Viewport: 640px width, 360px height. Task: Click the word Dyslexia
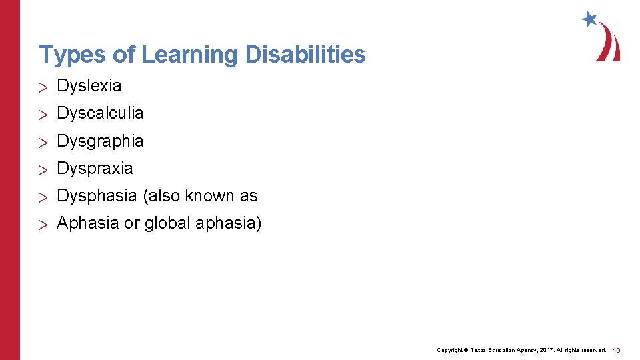click(89, 86)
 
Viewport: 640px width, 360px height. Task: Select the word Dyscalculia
click(100, 113)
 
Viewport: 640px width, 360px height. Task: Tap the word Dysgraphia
click(100, 141)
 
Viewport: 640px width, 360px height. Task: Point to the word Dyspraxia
click(95, 169)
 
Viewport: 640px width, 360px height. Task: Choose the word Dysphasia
click(97, 196)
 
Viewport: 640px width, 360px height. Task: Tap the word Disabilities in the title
click(305, 55)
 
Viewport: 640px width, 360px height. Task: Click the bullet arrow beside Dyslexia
click(44, 87)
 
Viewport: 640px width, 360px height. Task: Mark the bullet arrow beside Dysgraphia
click(44, 142)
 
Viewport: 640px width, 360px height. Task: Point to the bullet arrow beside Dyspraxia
click(44, 169)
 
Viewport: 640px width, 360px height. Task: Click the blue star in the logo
click(589, 19)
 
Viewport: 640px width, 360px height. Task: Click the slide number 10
click(617, 350)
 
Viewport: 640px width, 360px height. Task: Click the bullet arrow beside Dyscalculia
click(44, 114)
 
